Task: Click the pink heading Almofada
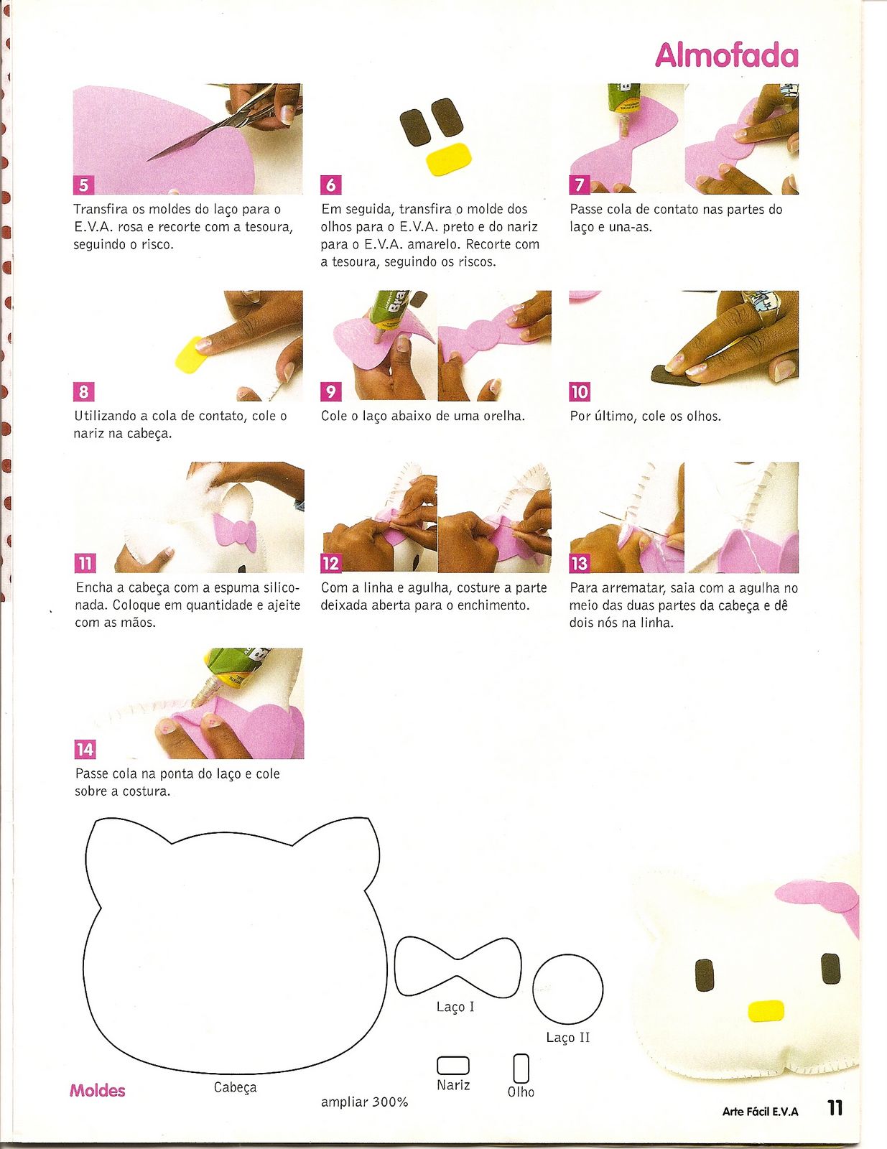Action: point(726,55)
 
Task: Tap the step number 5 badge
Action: point(83,185)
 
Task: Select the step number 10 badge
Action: point(580,392)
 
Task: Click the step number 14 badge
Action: point(85,749)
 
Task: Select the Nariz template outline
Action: point(453,1066)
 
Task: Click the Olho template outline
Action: point(521,1068)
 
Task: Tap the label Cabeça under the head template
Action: point(236,1087)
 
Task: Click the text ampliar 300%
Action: point(364,1102)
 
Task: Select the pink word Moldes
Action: point(97,1090)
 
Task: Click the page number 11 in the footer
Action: point(835,1107)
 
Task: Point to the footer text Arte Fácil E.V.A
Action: point(760,1112)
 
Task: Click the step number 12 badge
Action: point(331,563)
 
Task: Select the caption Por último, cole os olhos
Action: point(645,417)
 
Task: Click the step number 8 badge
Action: point(83,392)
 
